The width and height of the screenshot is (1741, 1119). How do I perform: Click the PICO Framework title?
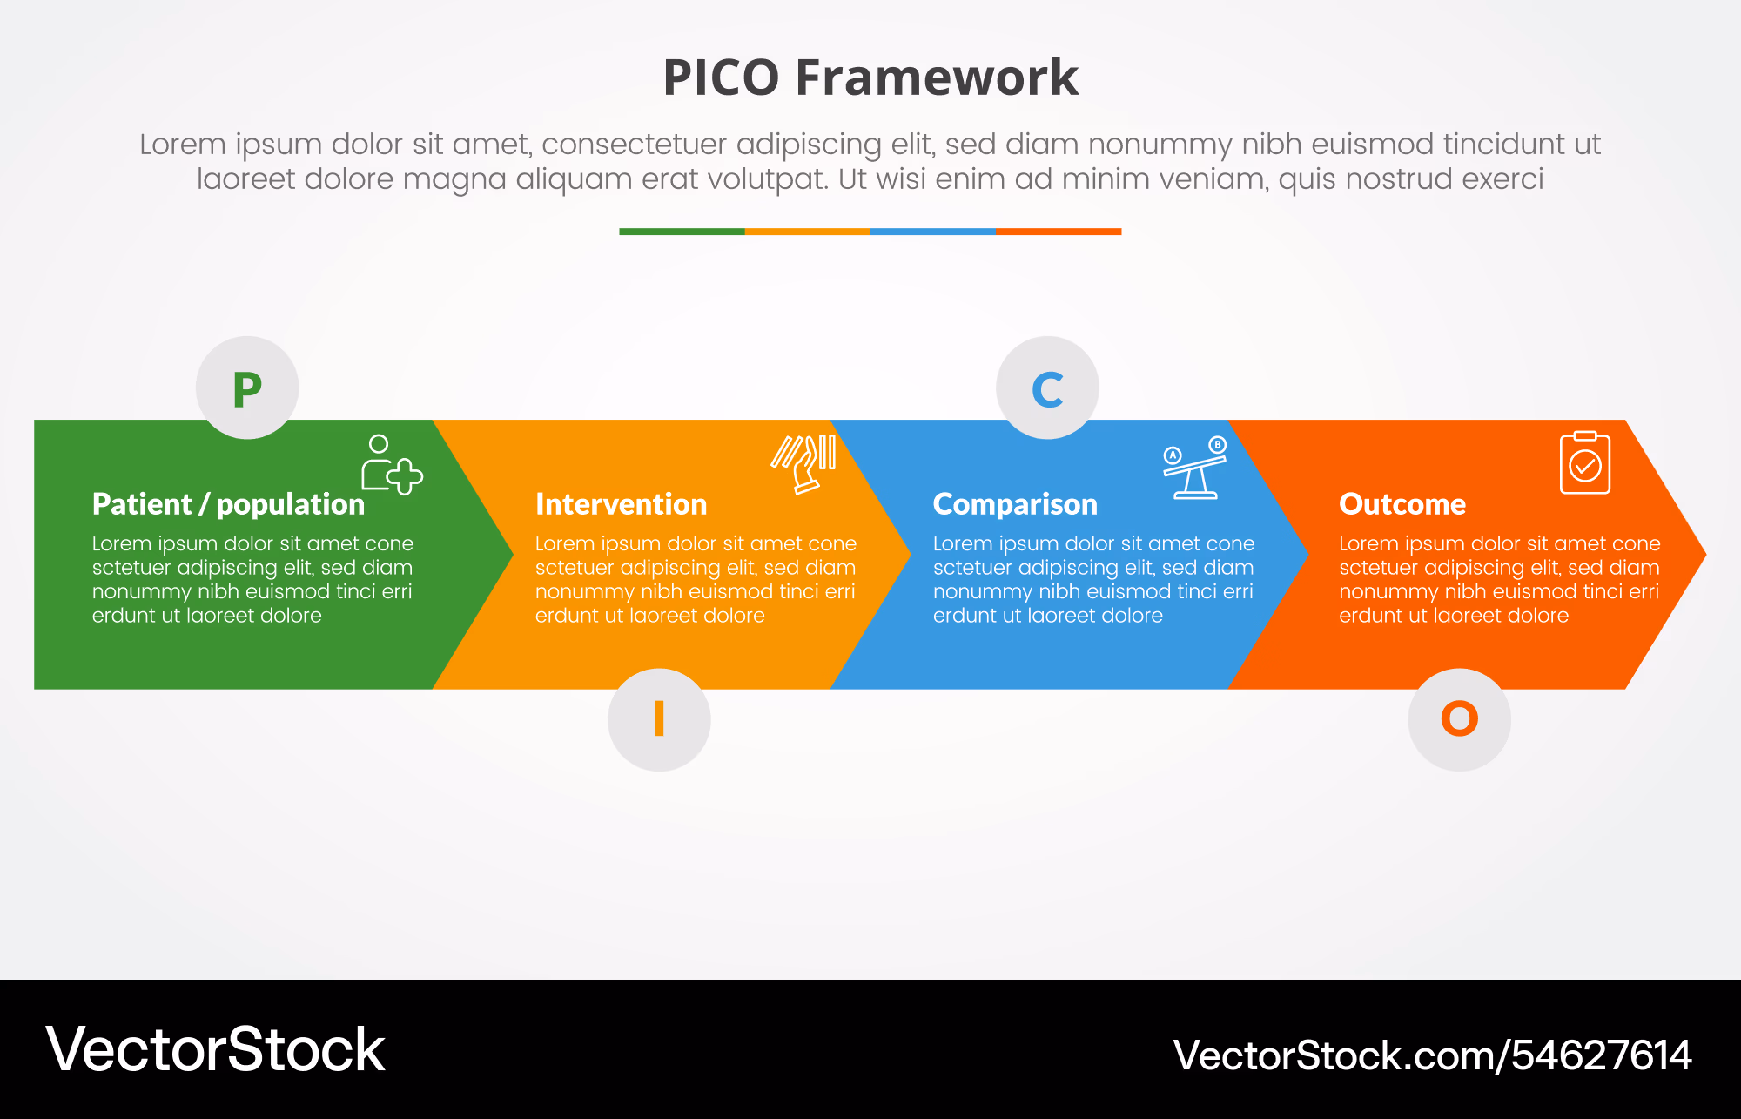(870, 77)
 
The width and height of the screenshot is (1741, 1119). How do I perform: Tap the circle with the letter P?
(247, 388)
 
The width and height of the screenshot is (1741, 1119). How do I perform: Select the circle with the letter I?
(659, 719)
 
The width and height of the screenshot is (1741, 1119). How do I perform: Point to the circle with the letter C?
(1047, 388)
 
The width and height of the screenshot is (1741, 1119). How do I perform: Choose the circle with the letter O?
(1459, 719)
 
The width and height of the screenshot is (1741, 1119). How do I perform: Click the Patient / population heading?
(228, 504)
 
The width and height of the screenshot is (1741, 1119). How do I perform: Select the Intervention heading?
(621, 504)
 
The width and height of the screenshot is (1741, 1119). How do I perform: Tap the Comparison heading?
(1015, 504)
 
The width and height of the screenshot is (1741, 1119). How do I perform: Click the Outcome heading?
(1402, 504)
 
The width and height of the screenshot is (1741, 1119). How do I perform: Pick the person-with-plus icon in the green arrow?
(392, 465)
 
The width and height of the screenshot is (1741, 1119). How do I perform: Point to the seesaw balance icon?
(1195, 468)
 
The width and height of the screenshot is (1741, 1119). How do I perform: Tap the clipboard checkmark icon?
(1585, 462)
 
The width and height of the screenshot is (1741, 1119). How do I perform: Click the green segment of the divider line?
(682, 232)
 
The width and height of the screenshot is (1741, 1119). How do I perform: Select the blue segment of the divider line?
(932, 232)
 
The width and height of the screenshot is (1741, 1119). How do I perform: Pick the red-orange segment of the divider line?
(1059, 232)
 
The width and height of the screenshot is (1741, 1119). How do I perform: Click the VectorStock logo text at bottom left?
(215, 1049)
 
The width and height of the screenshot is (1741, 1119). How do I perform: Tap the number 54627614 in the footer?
(1602, 1055)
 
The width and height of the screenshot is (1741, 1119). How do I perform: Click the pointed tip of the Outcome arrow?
(1705, 554)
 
